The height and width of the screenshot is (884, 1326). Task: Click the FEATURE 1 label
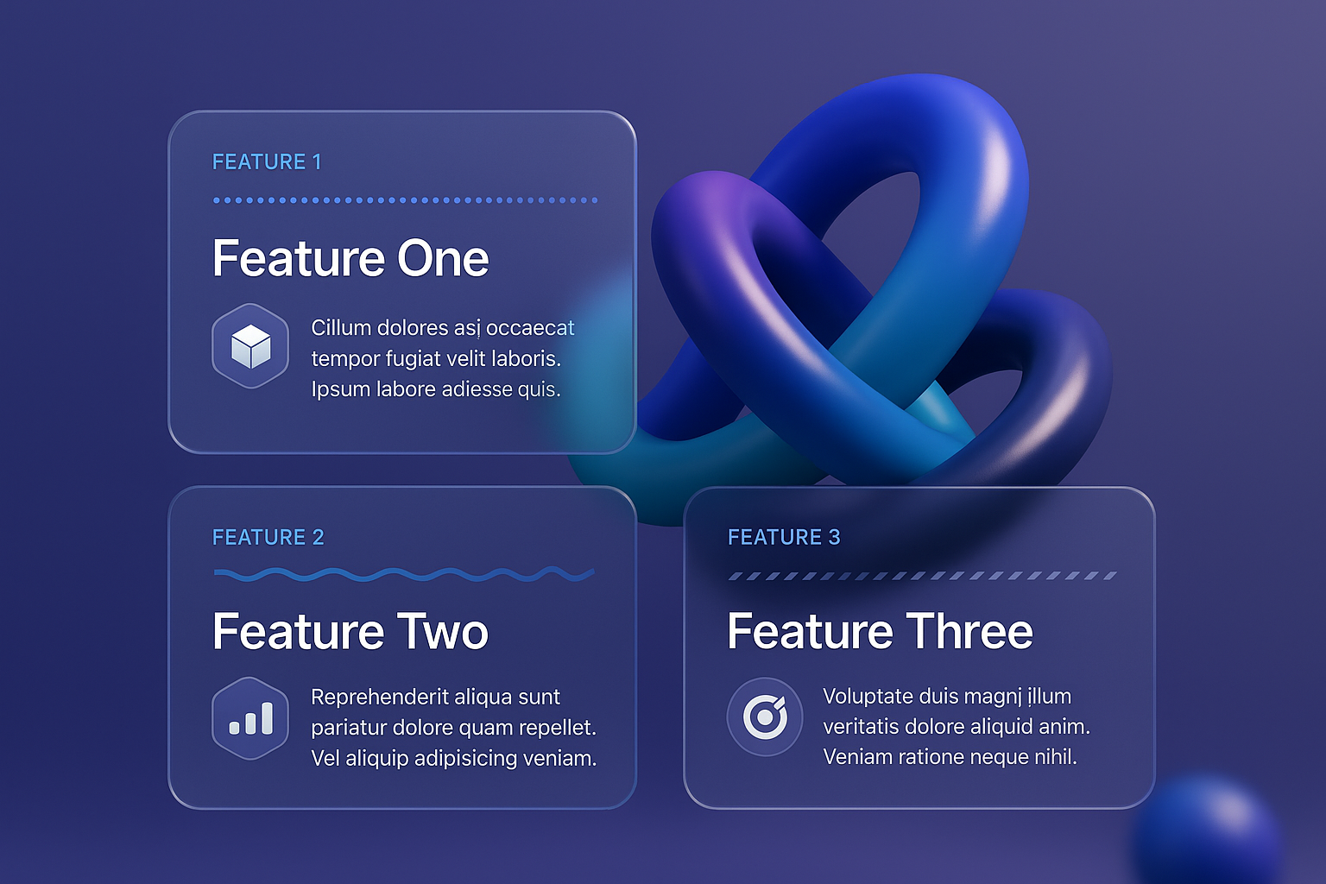[x=267, y=161]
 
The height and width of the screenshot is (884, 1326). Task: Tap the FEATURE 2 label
[x=268, y=537]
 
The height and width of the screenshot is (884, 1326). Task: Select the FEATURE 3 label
[x=784, y=537]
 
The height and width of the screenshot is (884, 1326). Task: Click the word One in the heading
[x=443, y=258]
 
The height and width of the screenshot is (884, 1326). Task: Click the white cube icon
[x=250, y=346]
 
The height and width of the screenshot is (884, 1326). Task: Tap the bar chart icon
[x=250, y=718]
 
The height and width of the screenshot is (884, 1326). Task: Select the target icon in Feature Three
[x=765, y=717]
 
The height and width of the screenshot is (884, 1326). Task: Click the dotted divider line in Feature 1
[x=406, y=200]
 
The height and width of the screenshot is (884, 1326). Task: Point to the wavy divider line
[x=404, y=574]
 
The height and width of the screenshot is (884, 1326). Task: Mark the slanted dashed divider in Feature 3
[x=922, y=576]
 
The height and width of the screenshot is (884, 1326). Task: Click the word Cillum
[x=340, y=327]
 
